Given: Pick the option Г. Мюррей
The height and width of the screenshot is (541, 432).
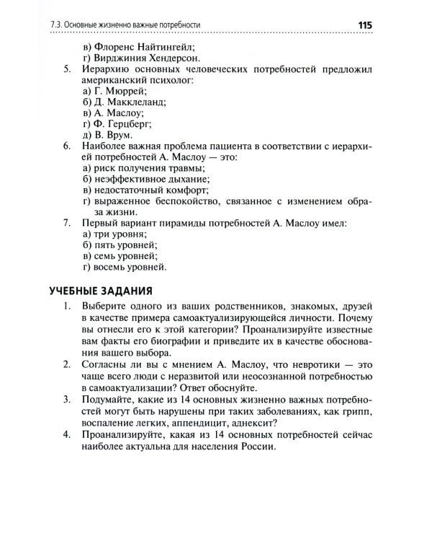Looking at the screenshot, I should pos(114,92).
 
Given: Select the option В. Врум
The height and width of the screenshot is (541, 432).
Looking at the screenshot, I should pos(107,135).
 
